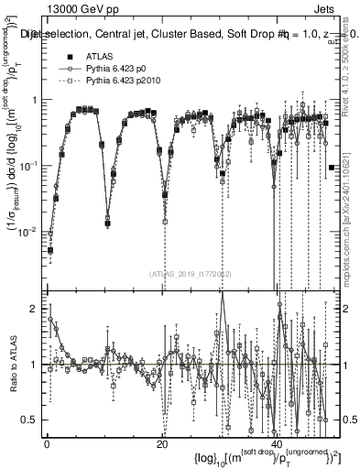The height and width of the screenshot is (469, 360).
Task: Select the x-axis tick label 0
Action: click(47, 444)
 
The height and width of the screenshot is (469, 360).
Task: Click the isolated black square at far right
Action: click(331, 168)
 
